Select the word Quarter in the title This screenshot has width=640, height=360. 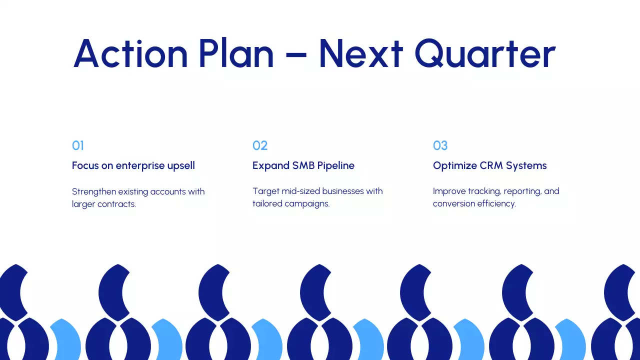pos(484,53)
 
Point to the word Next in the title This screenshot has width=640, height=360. pos(360,53)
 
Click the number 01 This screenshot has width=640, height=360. pos(78,145)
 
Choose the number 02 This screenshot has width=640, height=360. pos(260,145)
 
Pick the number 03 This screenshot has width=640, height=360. pos(440,145)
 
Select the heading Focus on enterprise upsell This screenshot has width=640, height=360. pos(133,165)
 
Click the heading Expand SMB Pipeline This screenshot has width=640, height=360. pos(303,165)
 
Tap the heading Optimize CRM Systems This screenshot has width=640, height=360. pos(489,165)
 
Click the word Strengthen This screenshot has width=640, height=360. pos(94,191)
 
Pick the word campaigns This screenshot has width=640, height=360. pos(307,204)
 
